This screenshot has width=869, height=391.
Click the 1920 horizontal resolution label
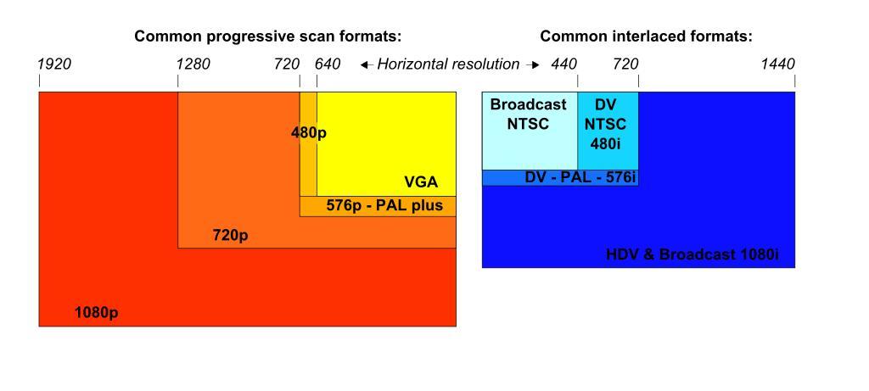click(54, 64)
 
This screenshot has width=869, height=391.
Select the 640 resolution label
click(328, 64)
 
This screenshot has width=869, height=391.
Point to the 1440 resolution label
click(777, 64)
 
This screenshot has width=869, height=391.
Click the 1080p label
click(96, 312)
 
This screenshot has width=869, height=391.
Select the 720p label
click(230, 235)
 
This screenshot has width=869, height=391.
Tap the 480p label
click(309, 133)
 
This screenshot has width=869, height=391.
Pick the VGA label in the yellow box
click(421, 182)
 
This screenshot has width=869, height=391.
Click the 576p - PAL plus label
click(384, 205)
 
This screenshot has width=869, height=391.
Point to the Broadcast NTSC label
click(528, 114)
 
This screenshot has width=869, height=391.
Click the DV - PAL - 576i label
click(580, 178)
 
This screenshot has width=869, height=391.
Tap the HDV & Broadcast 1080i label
click(692, 254)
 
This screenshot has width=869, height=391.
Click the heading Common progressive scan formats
click(267, 36)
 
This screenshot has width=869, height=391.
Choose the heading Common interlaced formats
click(646, 36)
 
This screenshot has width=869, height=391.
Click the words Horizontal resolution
click(448, 64)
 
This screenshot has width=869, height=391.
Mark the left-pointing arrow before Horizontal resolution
click(366, 64)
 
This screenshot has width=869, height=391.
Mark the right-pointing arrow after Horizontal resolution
click(533, 64)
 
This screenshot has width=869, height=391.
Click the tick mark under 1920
click(39, 81)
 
